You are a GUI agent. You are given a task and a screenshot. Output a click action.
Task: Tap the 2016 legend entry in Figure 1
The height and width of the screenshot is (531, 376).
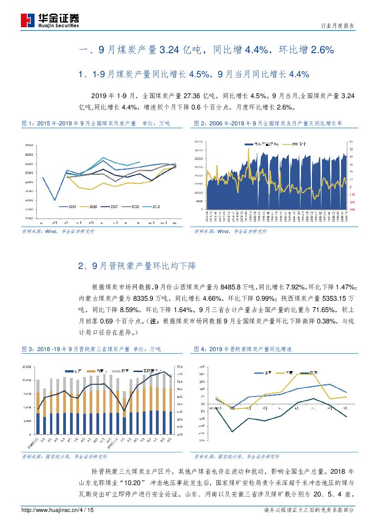[x=90, y=206]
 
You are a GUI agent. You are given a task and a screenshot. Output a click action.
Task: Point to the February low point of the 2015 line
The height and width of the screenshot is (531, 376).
[x=55, y=200]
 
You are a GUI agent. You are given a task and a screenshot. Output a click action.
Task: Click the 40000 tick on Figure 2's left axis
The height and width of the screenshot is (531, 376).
[x=198, y=142]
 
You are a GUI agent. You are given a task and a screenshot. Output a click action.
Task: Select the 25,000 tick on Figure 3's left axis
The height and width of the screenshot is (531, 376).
[x=26, y=366]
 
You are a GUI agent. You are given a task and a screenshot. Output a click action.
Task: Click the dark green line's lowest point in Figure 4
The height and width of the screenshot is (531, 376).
[x=232, y=432]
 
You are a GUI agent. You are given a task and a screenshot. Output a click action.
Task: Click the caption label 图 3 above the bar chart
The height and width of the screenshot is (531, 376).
[x=28, y=349]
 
